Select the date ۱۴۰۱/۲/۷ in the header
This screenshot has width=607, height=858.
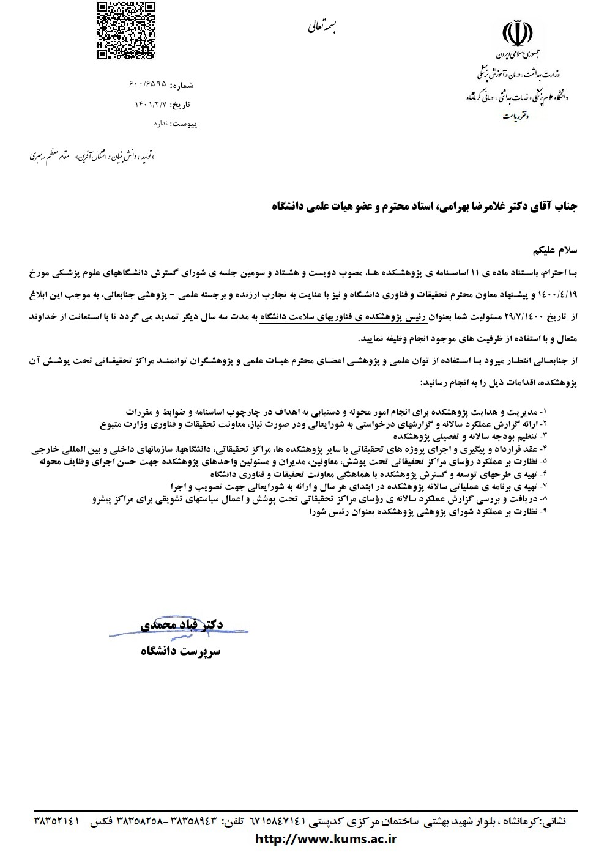point(150,105)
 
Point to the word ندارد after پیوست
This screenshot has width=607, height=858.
point(160,124)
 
